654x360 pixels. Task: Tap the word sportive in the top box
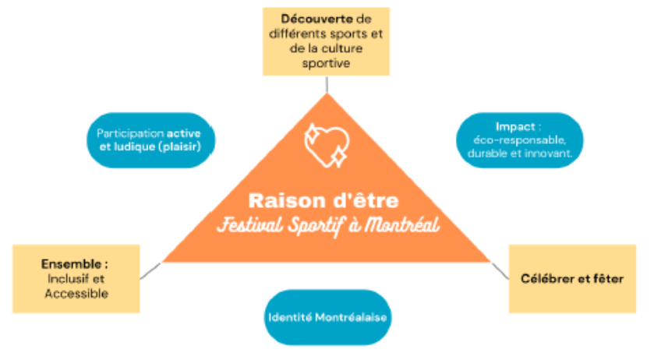[325, 63]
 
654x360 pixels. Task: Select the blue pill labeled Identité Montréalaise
[327, 317]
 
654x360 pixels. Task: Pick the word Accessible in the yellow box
[76, 293]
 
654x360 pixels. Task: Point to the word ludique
[143, 146]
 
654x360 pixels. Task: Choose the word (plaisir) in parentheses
[188, 146]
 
